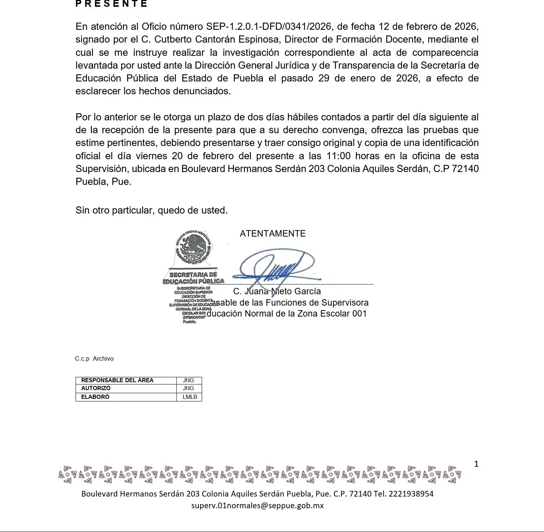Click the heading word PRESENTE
(111, 4)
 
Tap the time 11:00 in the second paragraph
(338, 156)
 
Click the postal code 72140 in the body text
(465, 169)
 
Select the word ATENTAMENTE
(272, 234)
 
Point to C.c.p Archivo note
(94, 359)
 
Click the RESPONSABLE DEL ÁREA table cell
(117, 380)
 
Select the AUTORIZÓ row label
(96, 388)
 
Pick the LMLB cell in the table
(190, 397)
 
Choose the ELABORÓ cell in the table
(95, 397)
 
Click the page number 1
(476, 464)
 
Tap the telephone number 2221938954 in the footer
(411, 494)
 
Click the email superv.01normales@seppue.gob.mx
(257, 506)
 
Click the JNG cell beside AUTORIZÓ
(188, 388)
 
